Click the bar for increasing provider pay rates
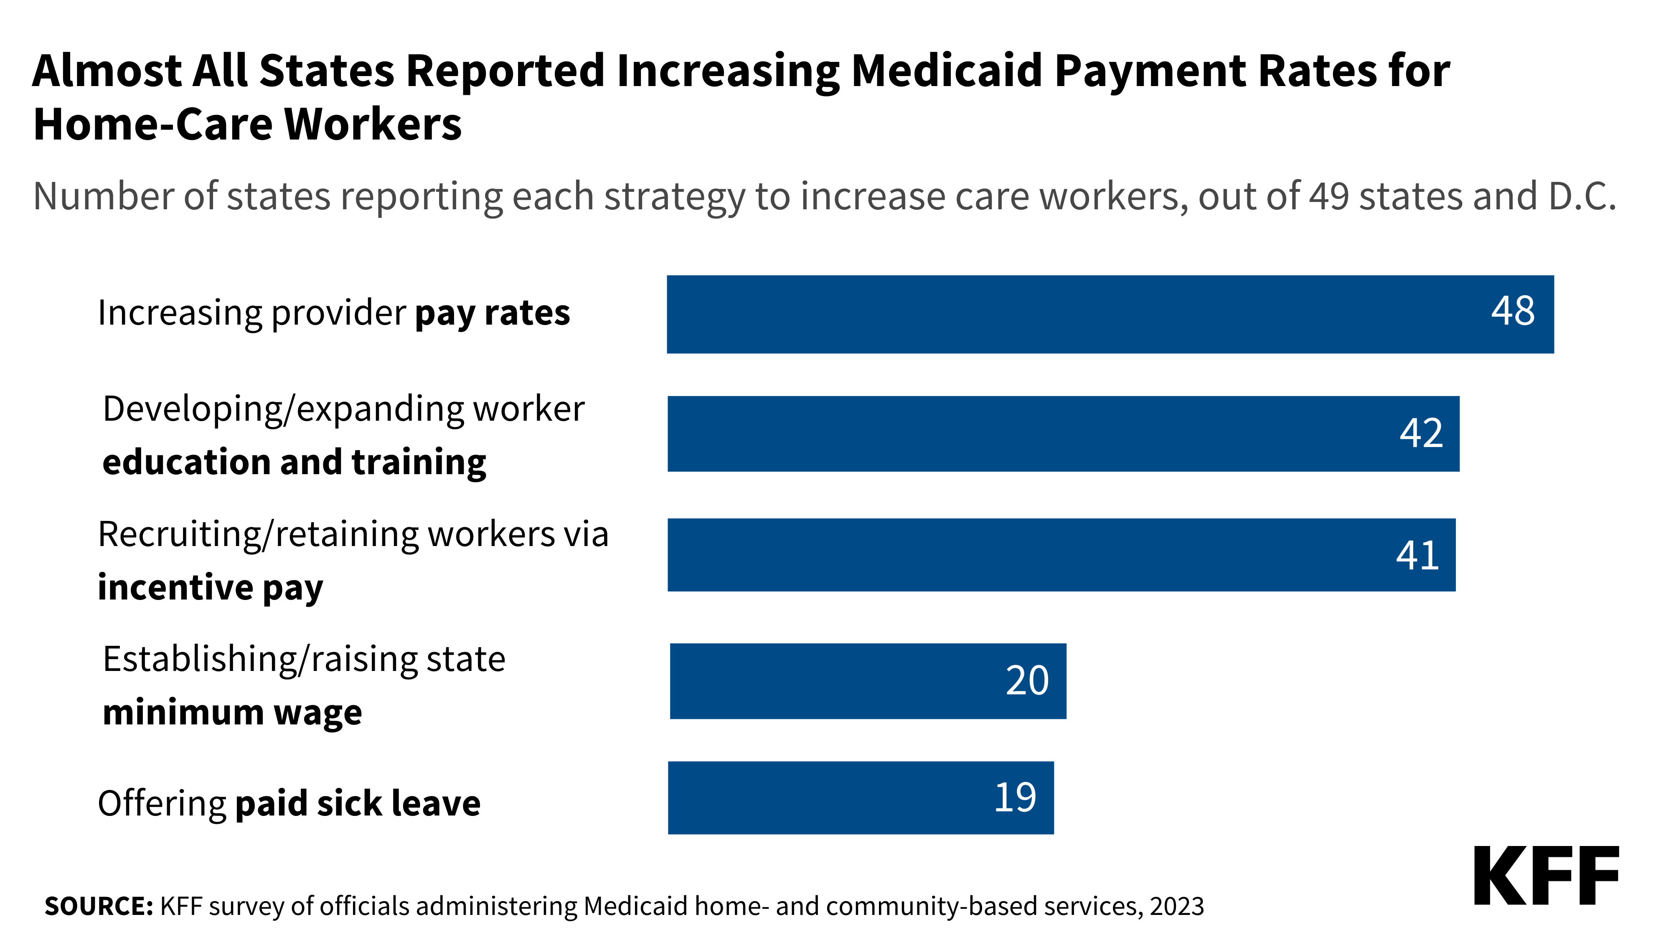tap(1110, 315)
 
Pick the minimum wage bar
tap(868, 681)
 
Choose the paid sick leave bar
tap(861, 798)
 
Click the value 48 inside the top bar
tap(1513, 311)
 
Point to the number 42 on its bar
tap(1421, 433)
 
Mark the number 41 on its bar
tap(1417, 555)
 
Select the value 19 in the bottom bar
tap(1015, 797)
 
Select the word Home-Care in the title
tap(152, 124)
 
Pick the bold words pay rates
tap(493, 313)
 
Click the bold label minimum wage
tap(232, 713)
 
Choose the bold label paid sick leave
tap(358, 804)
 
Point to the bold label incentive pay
tap(210, 588)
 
